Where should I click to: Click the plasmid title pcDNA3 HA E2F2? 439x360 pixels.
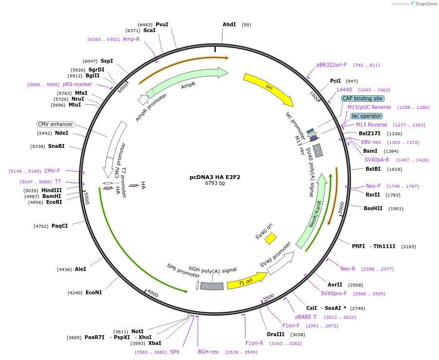[x=215, y=177]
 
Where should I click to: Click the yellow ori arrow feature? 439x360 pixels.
[x=268, y=89]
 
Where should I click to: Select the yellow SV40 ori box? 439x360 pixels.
[x=271, y=238]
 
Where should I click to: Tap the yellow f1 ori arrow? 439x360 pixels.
[x=246, y=281]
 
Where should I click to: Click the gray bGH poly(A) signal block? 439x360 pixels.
[x=212, y=286]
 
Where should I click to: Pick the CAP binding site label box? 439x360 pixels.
[x=363, y=98]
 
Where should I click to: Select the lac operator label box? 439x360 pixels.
[x=367, y=116]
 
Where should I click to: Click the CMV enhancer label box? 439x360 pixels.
[x=56, y=124]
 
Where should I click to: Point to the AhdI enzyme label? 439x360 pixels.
[x=229, y=24]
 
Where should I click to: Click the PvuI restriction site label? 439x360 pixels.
[x=162, y=24]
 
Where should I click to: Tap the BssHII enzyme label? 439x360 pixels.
[x=373, y=208]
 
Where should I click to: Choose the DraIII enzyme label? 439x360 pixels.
[x=276, y=334]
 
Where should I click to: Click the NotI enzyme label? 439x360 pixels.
[x=138, y=331]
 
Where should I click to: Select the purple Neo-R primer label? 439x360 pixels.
[x=348, y=269]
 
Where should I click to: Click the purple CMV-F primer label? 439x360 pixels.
[x=52, y=171]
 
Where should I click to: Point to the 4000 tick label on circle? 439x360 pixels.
[x=152, y=294]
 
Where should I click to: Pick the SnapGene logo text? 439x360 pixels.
[x=426, y=4]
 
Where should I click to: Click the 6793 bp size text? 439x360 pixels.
[x=215, y=183]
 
